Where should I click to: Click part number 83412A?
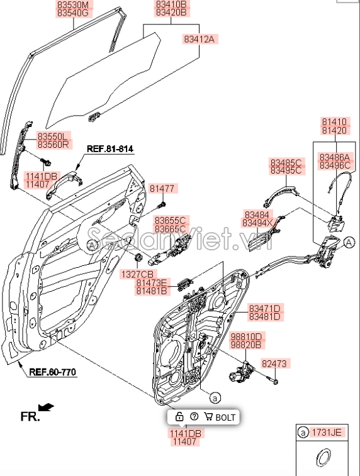tap(199, 39)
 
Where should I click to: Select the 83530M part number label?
tap(74, 4)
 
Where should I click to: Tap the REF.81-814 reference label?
tap(110, 149)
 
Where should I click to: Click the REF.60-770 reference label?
tap(52, 372)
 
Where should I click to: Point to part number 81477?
tap(162, 188)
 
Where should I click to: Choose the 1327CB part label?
tap(138, 274)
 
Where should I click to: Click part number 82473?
tap(274, 363)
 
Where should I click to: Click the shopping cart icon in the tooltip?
tap(208, 417)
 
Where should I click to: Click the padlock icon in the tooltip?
tap(179, 417)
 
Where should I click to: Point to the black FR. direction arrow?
tap(46, 408)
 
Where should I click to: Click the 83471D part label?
tap(264, 307)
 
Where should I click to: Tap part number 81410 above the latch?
tap(334, 122)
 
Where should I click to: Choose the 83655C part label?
tap(170, 219)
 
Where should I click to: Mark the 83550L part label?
tap(54, 135)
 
